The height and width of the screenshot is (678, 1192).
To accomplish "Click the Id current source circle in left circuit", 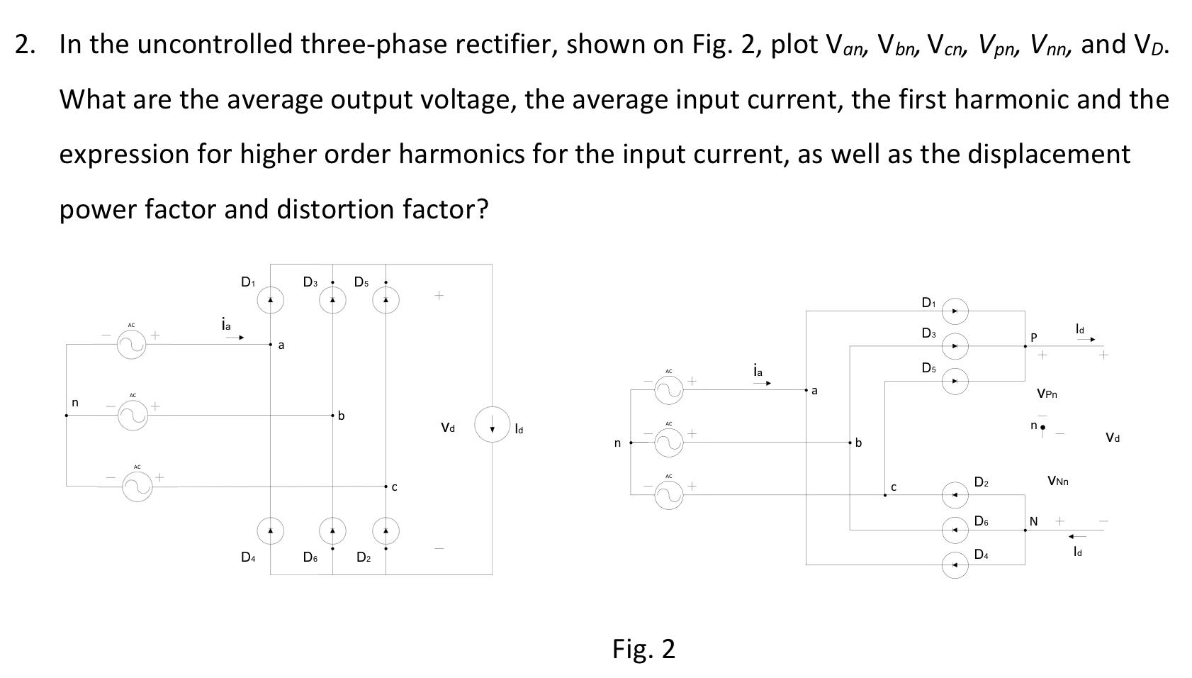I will tap(492, 424).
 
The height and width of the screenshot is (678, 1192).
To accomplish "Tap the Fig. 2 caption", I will tap(643, 649).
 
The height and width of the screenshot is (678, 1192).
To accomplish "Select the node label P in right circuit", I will tap(1033, 337).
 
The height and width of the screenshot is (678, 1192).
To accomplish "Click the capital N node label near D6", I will tap(1033, 521).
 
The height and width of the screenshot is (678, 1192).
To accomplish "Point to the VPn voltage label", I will tap(1047, 394).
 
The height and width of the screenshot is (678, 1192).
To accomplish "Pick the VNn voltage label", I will tap(1057, 482).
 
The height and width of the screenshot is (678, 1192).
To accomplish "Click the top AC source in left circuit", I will tap(132, 345).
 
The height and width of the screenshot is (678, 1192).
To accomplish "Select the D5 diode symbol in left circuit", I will tap(386, 301).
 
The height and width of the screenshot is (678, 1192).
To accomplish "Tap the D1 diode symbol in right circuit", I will tap(955, 311).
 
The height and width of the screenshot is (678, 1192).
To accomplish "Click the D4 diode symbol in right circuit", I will tap(955, 565).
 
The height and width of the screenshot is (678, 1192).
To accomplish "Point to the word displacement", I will tap(1025, 154).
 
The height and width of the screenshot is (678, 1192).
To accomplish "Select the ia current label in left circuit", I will tap(225, 325).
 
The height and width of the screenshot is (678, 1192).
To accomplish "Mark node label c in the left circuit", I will tap(394, 487).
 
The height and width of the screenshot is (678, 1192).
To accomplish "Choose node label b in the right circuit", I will tap(858, 443).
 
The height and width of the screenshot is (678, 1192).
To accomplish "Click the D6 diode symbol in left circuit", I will tap(332, 530).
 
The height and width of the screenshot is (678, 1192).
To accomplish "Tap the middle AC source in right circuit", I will tap(668, 443).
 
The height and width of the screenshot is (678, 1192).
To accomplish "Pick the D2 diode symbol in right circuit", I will tap(955, 494).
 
